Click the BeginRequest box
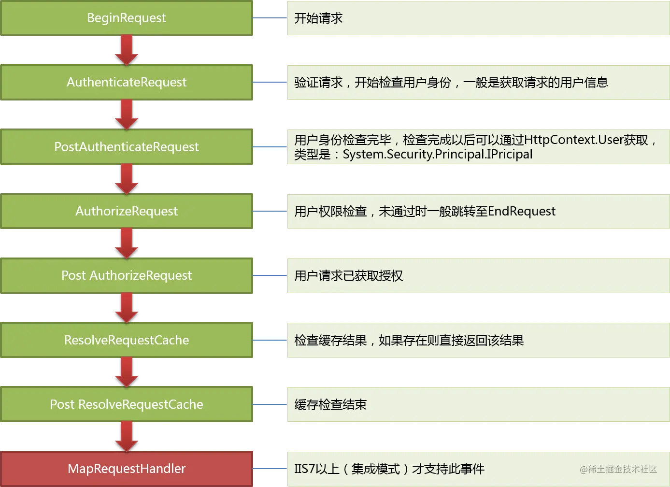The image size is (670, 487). coord(127,18)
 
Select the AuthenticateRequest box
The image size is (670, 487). coord(127,83)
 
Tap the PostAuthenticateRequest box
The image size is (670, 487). coord(127,147)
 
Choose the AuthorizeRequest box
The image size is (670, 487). coord(127,211)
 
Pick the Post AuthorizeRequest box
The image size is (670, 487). coord(127,275)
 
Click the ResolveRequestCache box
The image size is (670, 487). coord(127,340)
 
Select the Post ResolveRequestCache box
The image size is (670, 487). coord(127,404)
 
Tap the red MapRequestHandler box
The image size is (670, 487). coord(127,469)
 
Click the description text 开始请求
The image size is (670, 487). coord(318,18)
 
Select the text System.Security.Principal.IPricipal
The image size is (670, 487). coord(437,155)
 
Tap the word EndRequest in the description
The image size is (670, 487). coord(522,212)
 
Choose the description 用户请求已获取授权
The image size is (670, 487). coord(348,276)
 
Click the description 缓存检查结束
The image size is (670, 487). coord(330,405)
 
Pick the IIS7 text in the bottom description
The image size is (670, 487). coord(305,469)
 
